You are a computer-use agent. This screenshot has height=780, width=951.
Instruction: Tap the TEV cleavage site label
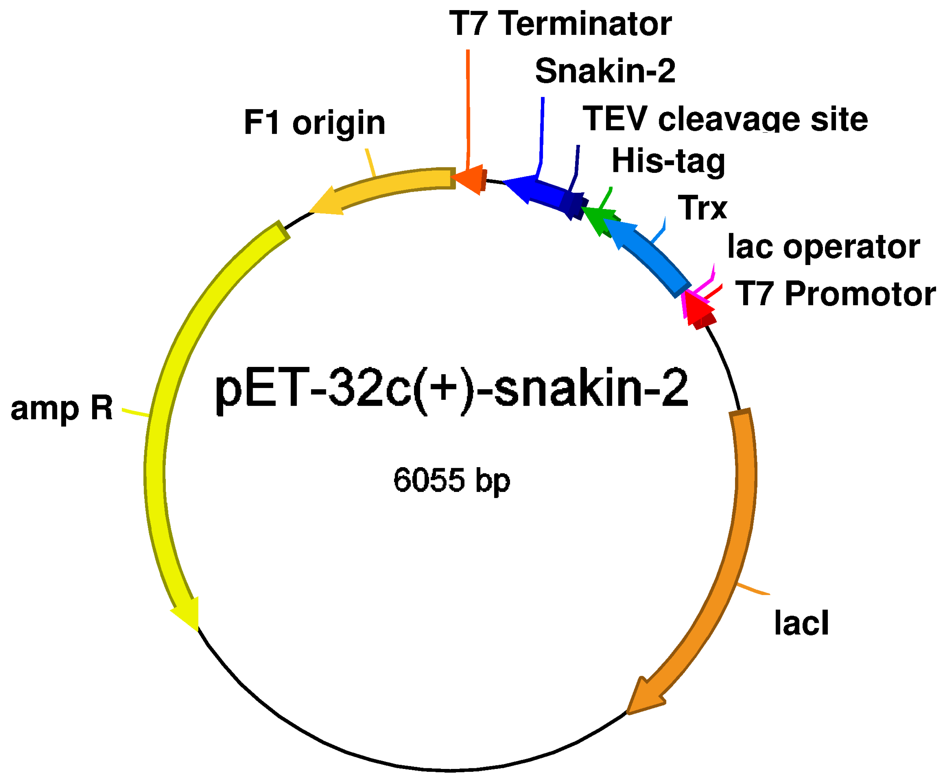725,119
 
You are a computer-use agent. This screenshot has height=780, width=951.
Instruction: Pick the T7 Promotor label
835,294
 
